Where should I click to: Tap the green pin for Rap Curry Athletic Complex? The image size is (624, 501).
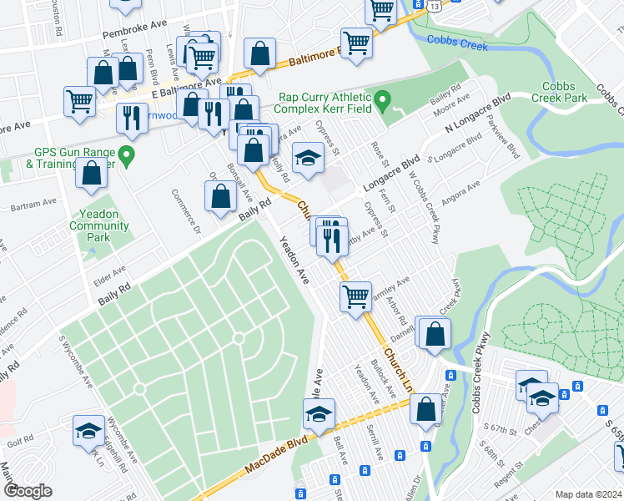point(383,103)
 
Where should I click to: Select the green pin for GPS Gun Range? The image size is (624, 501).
point(126,154)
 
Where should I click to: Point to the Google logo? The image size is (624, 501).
point(28,490)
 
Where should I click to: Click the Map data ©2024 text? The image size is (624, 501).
point(588,493)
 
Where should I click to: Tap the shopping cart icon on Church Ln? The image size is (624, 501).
point(355,296)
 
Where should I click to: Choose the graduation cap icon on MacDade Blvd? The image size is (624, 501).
point(318,413)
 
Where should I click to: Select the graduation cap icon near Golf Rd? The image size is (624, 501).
point(88,430)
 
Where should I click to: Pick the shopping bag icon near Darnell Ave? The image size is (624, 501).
point(434,332)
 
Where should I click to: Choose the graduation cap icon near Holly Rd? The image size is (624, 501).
point(307,157)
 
